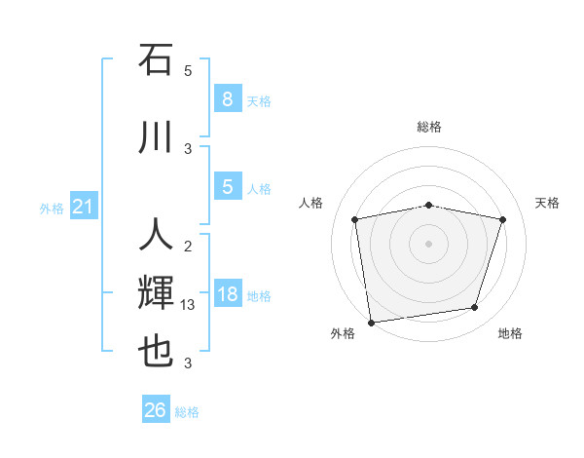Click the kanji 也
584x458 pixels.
point(157,351)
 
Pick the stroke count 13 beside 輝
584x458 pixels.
point(189,305)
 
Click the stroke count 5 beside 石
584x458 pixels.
point(188,70)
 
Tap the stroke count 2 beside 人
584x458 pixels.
point(188,246)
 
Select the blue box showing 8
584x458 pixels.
point(227,98)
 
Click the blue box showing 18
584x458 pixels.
point(227,294)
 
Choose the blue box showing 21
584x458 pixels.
point(83,207)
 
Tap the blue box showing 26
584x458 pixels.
point(156,410)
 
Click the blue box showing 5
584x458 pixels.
point(227,187)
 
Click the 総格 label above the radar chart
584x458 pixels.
point(429,127)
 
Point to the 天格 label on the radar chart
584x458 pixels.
point(548,203)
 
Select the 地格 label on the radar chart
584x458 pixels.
point(510,333)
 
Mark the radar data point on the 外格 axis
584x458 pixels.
point(371,322)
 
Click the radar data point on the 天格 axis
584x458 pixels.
point(503,219)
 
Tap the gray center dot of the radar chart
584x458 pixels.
point(429,243)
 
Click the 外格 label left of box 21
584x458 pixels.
point(52,208)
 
